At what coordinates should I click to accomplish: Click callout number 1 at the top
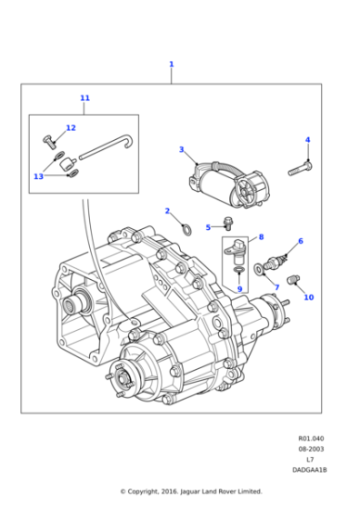tap(171, 65)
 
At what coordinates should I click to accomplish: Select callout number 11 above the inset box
tap(85, 98)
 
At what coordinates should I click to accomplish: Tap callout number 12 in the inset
tap(70, 128)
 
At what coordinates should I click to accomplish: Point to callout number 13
tap(38, 176)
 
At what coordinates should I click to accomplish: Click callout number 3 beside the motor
tap(181, 149)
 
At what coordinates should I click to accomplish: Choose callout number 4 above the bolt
tap(307, 140)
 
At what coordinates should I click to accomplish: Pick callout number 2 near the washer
tap(167, 211)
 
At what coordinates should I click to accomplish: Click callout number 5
tap(207, 227)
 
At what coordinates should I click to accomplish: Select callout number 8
tap(261, 237)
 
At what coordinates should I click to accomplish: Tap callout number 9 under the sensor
tap(239, 288)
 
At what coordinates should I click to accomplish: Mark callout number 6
tap(300, 241)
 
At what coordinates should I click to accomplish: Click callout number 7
tap(277, 287)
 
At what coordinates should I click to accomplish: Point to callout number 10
tap(308, 297)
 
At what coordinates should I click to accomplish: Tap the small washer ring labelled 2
tap(185, 228)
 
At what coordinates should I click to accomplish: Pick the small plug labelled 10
tap(292, 279)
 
